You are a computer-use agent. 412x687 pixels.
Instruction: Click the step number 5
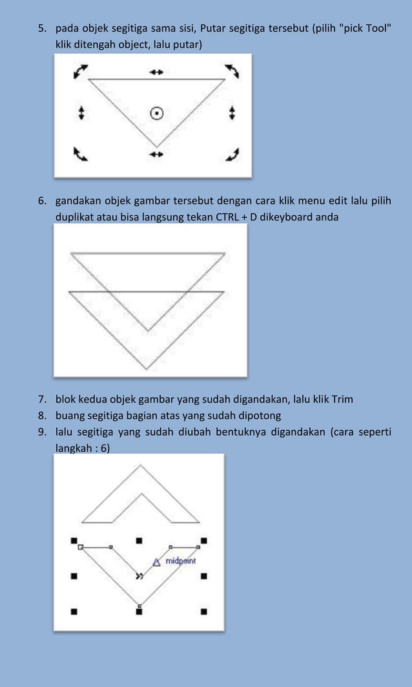pyautogui.click(x=40, y=29)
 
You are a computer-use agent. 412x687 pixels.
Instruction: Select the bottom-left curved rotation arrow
pyautogui.click(x=81, y=154)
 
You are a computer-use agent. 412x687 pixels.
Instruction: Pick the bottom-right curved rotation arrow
pyautogui.click(x=232, y=154)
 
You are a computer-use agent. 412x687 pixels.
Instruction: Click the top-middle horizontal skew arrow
pyautogui.click(x=156, y=72)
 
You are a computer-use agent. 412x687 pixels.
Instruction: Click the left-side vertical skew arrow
pyautogui.click(x=81, y=113)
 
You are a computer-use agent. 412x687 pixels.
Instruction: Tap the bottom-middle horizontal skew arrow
pyautogui.click(x=156, y=154)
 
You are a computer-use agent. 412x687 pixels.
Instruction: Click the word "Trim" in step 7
pyautogui.click(x=343, y=399)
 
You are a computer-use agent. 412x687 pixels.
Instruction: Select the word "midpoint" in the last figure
pyautogui.click(x=180, y=561)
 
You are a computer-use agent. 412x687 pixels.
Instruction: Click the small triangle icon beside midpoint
pyautogui.click(x=156, y=562)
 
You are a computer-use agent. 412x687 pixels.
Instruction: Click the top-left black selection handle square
pyautogui.click(x=74, y=539)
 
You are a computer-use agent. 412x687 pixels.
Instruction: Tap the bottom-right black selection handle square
pyautogui.click(x=204, y=610)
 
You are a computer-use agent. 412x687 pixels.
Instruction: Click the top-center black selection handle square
pyautogui.click(x=139, y=539)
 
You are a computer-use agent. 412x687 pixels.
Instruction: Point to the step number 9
pyautogui.click(x=40, y=431)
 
